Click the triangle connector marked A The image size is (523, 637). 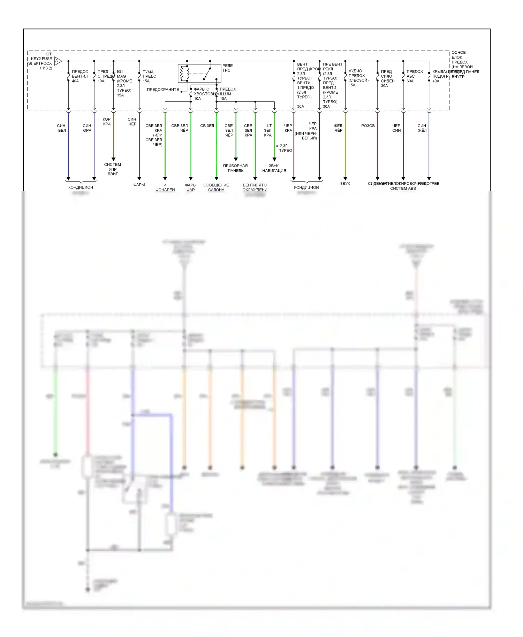click(58, 61)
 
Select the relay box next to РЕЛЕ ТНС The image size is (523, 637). click(199, 73)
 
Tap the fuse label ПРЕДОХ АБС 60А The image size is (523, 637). click(414, 76)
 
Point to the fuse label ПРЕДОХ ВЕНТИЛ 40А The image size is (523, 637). click(80, 76)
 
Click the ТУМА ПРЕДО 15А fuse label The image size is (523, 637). click(149, 76)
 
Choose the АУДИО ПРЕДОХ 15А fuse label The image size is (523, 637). click(358, 78)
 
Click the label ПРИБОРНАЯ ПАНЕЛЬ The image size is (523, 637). click(235, 168)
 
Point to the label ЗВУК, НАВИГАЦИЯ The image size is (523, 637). click(274, 168)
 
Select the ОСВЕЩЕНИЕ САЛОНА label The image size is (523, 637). click(216, 187)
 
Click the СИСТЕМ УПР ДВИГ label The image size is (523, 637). click(113, 169)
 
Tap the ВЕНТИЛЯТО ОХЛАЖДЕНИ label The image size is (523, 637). click(255, 187)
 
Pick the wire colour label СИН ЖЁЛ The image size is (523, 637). click(422, 128)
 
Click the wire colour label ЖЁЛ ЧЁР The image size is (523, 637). click(338, 128)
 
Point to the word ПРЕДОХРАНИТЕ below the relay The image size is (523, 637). click(163, 90)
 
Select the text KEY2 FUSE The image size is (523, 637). click(41, 59)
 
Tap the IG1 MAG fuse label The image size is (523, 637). click(124, 83)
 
